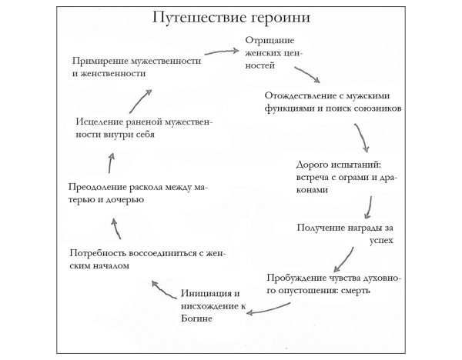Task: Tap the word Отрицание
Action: tap(268, 41)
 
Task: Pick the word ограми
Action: tap(352, 176)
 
